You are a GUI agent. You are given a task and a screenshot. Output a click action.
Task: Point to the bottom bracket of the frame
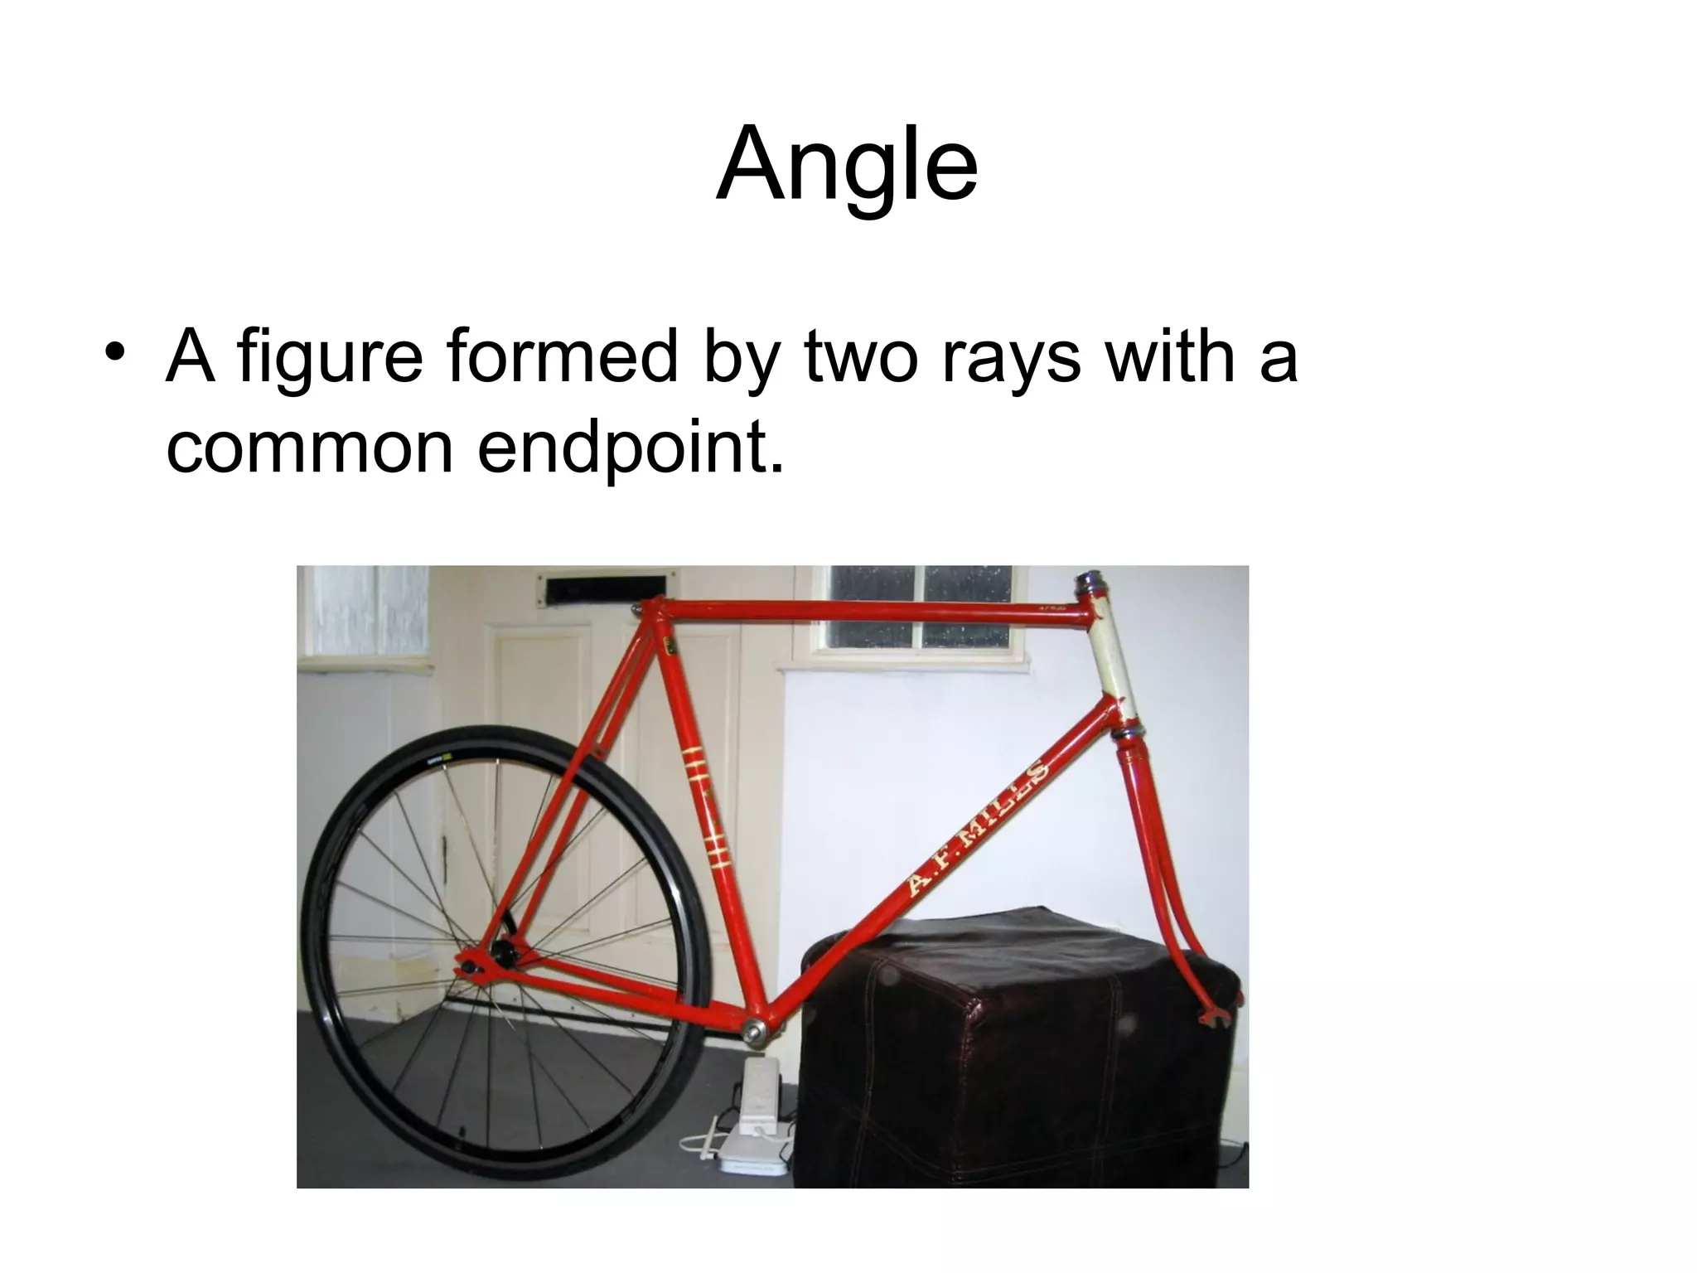pos(758,1030)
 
